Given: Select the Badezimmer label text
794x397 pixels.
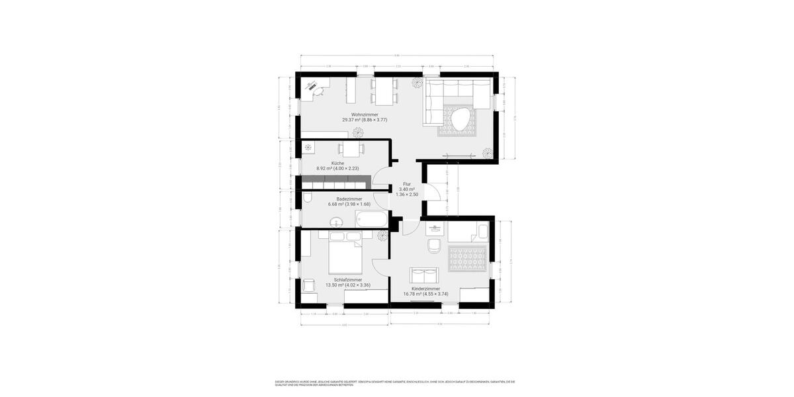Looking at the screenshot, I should click(349, 198).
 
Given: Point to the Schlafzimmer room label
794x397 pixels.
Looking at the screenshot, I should click(347, 279).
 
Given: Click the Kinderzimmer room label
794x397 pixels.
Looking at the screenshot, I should click(425, 289).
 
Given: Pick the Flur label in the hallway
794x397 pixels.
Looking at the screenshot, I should click(407, 184).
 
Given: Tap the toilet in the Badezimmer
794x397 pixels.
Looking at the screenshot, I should click(308, 198).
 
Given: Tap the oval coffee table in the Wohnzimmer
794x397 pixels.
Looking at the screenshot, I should click(461, 121).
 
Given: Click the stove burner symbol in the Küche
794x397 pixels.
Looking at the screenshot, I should click(307, 148).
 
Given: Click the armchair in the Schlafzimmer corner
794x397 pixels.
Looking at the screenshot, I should click(309, 285).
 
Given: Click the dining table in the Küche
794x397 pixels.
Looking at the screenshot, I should click(351, 148).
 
